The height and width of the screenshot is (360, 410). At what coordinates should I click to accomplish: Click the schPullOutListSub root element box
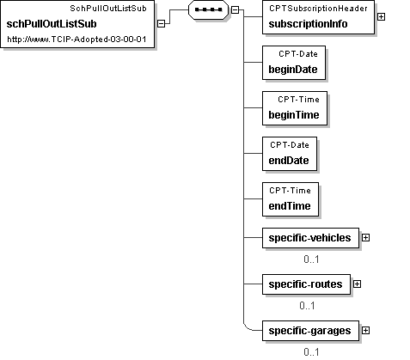77,24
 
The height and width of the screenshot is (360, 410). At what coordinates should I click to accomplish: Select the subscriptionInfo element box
318,17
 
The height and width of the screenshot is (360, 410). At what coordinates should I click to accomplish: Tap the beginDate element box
294,63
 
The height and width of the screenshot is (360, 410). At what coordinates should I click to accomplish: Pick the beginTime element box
295,108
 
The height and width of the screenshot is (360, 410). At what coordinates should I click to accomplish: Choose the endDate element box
290,154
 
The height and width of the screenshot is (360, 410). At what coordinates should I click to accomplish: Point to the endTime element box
291,199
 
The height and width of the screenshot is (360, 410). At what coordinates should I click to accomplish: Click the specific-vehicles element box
310,238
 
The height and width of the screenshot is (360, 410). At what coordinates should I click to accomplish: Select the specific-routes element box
306,284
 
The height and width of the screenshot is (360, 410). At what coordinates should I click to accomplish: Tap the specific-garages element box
310,331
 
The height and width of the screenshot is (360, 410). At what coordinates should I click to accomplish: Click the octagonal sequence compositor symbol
208,9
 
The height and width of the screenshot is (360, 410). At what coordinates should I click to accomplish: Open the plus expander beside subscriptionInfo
381,17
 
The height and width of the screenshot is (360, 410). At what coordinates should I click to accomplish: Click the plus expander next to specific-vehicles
365,238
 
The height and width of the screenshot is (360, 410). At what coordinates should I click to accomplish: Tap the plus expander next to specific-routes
357,284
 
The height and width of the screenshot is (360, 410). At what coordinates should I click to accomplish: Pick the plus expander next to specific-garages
365,331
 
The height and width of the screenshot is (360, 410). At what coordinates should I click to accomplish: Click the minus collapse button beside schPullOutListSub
162,24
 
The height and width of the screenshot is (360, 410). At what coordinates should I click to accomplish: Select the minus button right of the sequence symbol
235,9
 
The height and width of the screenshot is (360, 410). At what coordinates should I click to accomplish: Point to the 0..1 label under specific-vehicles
311,259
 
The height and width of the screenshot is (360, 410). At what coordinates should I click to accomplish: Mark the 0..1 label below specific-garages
311,352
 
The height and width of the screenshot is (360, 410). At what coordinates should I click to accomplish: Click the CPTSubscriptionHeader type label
318,9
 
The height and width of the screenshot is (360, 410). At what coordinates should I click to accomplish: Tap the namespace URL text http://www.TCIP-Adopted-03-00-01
76,40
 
